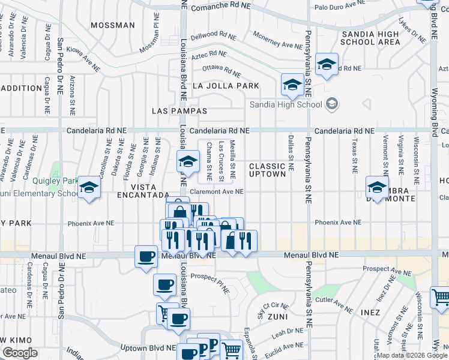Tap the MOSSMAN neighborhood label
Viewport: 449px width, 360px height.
coord(112,25)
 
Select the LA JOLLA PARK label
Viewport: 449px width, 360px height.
coord(226,86)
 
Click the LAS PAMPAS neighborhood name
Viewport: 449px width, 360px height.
coord(179,111)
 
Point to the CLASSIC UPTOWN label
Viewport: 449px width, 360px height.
coord(267,170)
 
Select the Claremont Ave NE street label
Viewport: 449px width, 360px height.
coord(217,192)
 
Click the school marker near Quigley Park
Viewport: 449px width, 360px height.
coord(89,190)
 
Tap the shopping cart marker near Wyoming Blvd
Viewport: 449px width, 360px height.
coord(440,298)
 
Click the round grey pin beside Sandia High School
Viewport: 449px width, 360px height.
coord(331,104)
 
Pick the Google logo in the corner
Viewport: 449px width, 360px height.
coord(20,353)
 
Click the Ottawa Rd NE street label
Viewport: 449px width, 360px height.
coord(221,69)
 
